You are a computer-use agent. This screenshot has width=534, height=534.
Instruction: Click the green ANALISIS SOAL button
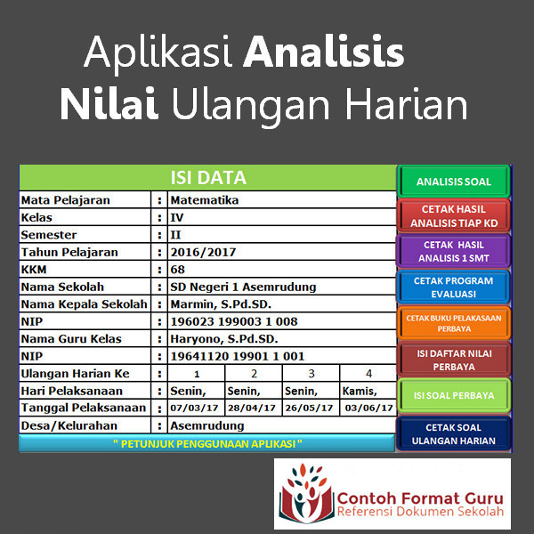(x=454, y=182)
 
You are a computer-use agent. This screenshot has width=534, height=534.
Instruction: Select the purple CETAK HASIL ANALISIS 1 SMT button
(x=454, y=251)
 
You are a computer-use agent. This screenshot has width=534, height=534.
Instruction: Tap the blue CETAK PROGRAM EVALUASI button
(x=454, y=287)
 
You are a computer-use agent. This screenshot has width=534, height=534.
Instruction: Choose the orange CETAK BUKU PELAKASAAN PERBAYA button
(x=454, y=323)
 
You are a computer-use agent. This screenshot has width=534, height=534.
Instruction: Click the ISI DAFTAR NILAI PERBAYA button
(x=454, y=360)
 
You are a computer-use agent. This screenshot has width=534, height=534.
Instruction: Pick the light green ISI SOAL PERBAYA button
(x=454, y=395)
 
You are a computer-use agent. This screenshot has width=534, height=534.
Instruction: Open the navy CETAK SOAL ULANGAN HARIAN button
(x=454, y=433)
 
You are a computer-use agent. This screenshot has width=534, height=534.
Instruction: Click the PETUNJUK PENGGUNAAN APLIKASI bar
(x=207, y=443)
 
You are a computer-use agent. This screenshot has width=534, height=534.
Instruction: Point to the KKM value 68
(x=177, y=270)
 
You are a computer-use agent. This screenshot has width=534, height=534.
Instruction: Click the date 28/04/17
(x=252, y=408)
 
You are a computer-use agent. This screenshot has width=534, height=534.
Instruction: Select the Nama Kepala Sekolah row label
(x=85, y=303)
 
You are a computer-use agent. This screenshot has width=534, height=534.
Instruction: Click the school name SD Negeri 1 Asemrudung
(x=243, y=287)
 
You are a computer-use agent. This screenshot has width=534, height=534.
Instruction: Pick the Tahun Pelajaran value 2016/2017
(x=203, y=252)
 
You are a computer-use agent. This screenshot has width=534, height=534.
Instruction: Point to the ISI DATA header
(x=208, y=177)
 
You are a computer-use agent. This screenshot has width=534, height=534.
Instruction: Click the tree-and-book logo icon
(x=306, y=493)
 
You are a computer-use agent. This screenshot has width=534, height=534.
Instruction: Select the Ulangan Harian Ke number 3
(x=311, y=374)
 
